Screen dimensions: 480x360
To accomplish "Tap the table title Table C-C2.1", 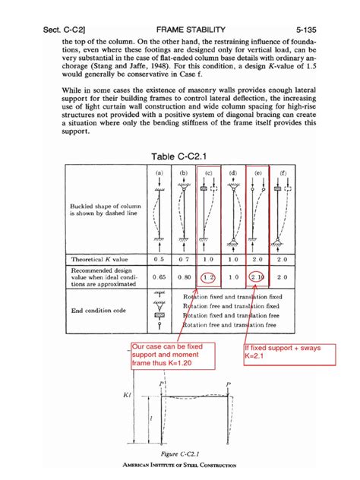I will point(181,156).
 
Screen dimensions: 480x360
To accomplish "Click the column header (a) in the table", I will point(159,173).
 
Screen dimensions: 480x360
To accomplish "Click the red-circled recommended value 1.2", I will point(208,277).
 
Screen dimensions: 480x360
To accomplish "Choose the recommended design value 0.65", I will point(159,277).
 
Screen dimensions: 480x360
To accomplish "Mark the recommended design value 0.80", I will point(184,277).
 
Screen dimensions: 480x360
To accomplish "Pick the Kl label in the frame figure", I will point(127,396).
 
